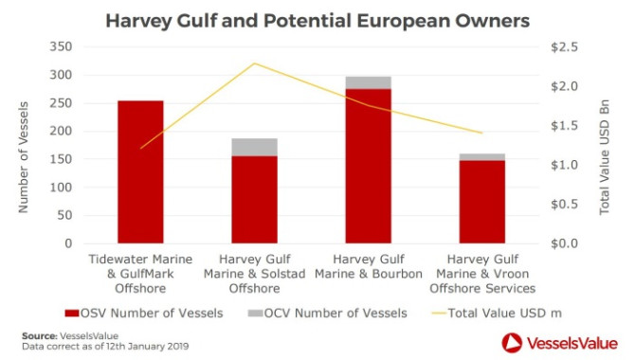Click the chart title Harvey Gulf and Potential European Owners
pos(317,21)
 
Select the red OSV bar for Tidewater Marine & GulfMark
pos(140,172)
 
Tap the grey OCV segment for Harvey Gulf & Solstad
pos(254,148)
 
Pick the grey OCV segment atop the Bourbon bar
pos(369,82)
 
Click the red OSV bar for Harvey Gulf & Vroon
pos(481,202)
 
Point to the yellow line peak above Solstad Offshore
pos(254,63)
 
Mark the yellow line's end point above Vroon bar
pos(481,133)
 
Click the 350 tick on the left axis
pos(61,46)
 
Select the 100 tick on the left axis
pos(61,187)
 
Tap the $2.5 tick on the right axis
pos(565,47)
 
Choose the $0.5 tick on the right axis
pos(565,204)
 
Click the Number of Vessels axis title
pos(23,157)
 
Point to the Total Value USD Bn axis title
pos(605,157)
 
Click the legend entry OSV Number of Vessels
pos(144,313)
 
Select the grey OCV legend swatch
pos(255,313)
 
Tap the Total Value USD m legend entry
pos(497,313)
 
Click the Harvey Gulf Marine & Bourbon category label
pos(369,266)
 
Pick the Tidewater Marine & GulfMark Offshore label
pos(140,274)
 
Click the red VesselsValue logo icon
pos(512,343)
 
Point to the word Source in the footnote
pos(39,335)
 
